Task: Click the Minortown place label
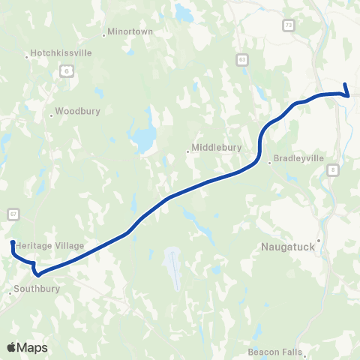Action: point(130,32)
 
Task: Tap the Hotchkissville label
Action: point(60,54)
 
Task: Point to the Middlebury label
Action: point(217,148)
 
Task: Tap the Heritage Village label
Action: point(49,246)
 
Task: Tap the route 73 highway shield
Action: point(289,25)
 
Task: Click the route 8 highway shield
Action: point(332,171)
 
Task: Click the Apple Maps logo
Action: point(26,347)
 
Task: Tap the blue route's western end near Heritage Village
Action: point(13,242)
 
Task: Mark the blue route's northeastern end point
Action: point(345,85)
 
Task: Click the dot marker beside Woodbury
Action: point(51,115)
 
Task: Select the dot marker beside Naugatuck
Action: point(319,241)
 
